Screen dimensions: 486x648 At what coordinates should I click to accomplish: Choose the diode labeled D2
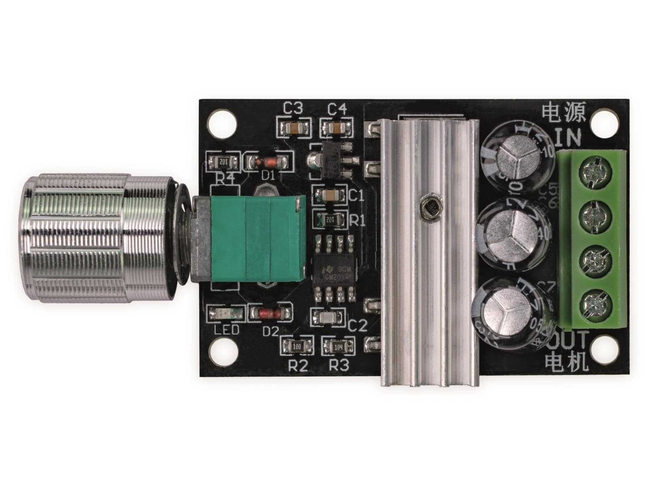pyautogui.click(x=270, y=313)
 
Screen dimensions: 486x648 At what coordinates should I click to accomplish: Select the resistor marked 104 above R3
pyautogui.click(x=339, y=346)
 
